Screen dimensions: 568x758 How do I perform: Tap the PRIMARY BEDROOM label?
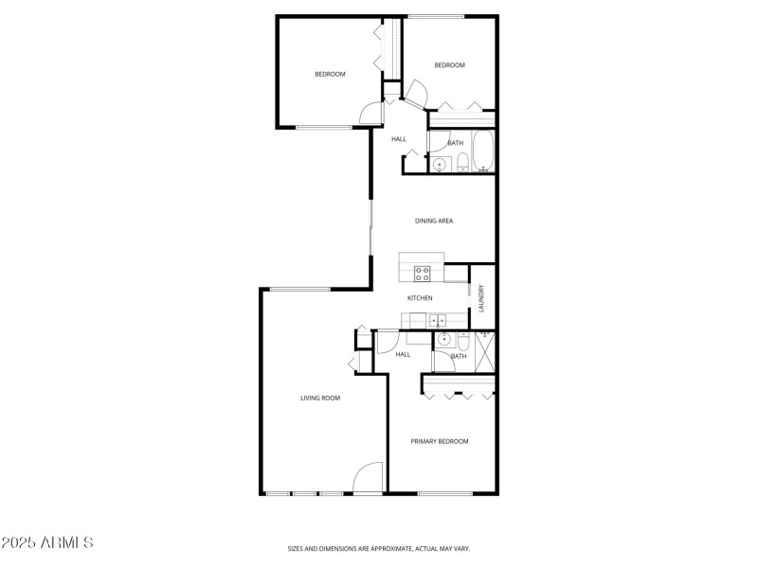point(439,441)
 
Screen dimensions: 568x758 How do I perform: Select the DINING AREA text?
point(434,221)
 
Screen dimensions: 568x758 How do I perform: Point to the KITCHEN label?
point(420,298)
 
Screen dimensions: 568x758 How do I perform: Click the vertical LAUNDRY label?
point(482,299)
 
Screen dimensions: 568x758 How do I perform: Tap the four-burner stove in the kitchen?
point(423,275)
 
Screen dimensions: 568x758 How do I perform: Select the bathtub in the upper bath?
point(483,151)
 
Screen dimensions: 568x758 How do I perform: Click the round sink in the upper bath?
point(440,166)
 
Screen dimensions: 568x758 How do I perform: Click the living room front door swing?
point(368,478)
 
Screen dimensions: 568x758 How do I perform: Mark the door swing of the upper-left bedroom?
point(372,112)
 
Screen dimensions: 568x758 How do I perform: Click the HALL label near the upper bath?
point(399,139)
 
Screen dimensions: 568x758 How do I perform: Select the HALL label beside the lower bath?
point(403,354)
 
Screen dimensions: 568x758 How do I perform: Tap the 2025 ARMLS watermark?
point(47,542)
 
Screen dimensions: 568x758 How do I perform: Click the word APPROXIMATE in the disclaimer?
point(388,548)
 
